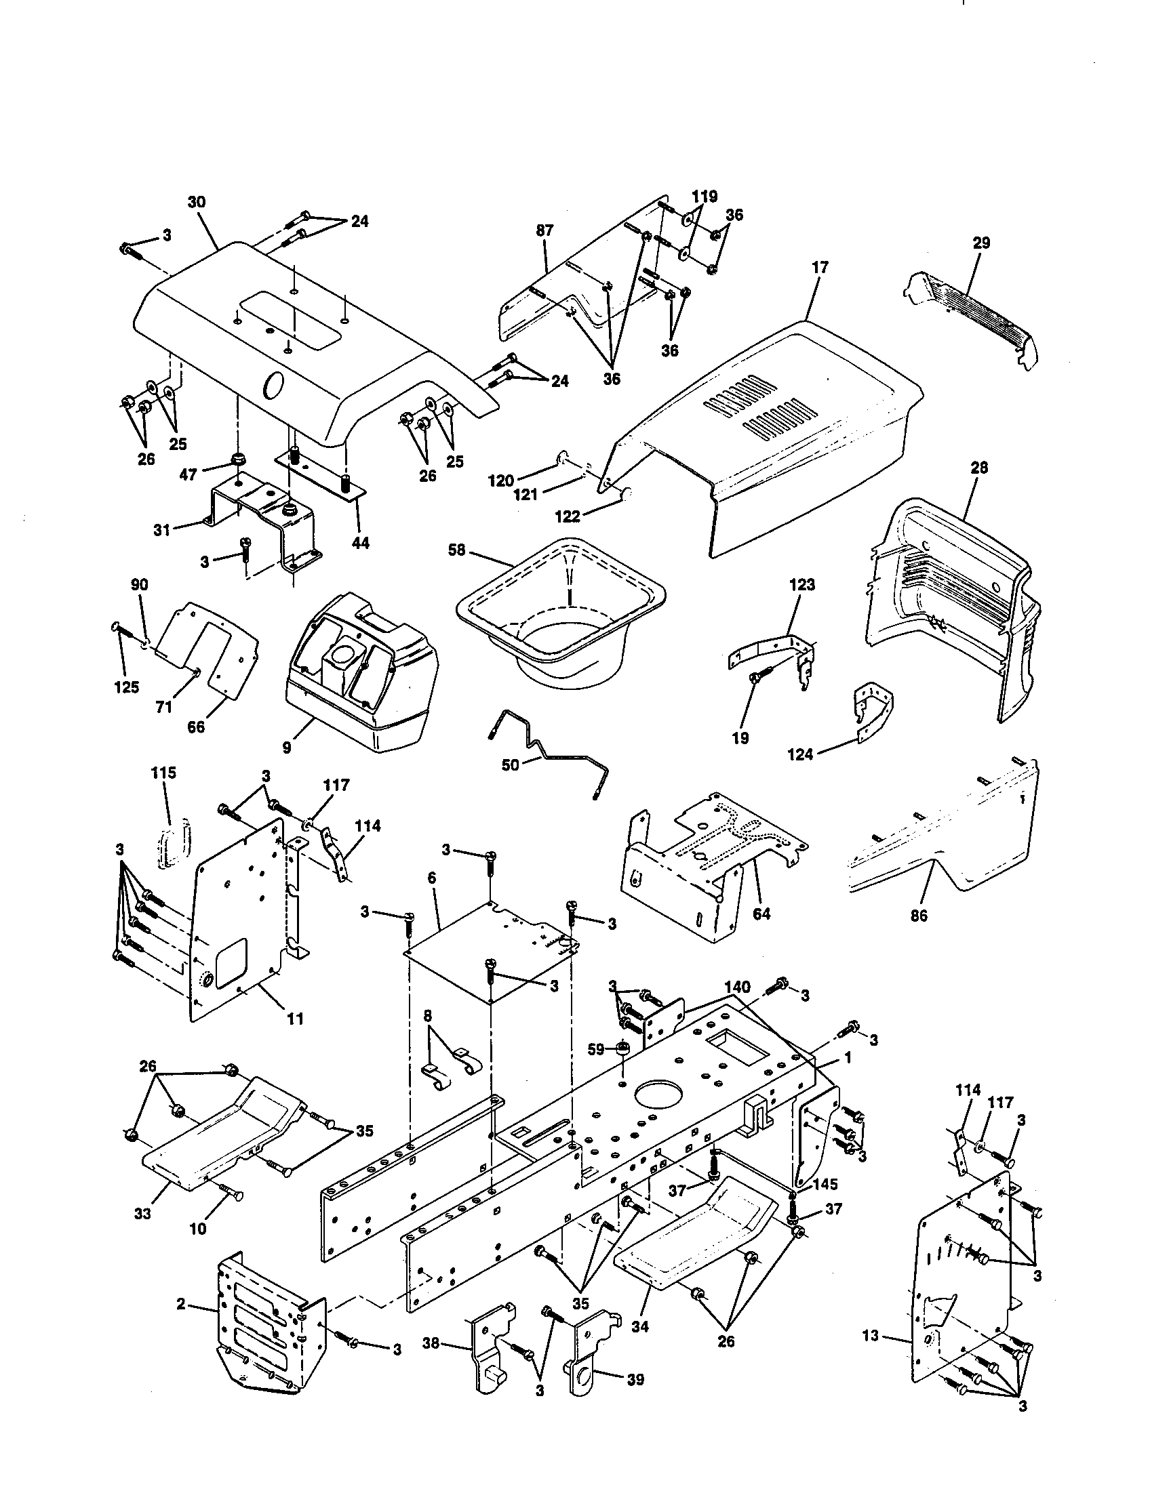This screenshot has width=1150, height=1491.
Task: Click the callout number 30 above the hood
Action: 197,203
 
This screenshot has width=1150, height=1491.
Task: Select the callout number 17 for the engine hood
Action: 820,268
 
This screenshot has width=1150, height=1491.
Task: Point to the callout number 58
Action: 457,550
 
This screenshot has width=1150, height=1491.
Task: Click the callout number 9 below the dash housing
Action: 287,748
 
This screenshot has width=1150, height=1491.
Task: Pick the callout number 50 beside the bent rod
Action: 510,765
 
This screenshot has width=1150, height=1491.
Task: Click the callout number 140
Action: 738,987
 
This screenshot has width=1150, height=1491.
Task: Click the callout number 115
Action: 163,773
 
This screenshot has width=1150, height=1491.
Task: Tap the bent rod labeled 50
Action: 547,751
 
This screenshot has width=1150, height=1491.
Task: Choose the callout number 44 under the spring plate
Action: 361,543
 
